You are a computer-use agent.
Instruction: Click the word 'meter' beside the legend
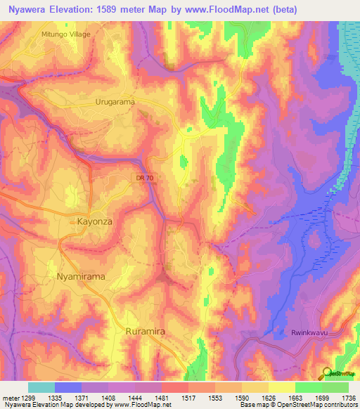tap(10, 398)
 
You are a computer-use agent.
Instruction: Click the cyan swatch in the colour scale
tap(41, 387)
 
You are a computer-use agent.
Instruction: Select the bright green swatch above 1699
tap(309, 387)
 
